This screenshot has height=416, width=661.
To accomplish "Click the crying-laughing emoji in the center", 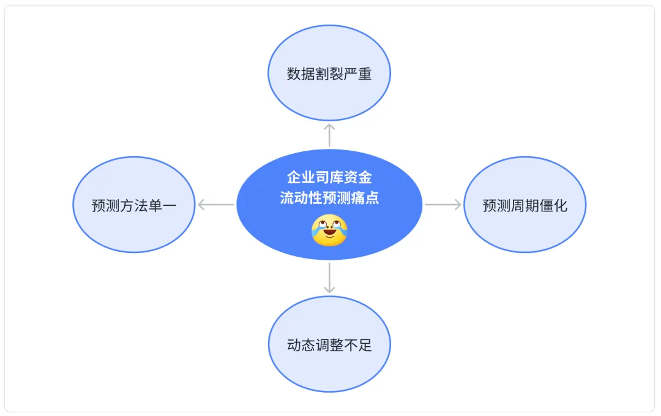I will (x=329, y=230).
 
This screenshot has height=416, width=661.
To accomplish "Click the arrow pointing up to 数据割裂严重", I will (x=329, y=134).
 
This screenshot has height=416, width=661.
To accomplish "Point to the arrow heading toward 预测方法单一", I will (x=216, y=205).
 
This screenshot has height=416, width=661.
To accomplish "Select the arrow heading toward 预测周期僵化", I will (x=443, y=205).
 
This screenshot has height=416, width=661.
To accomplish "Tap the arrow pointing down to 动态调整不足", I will (x=329, y=277).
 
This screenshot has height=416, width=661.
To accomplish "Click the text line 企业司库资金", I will (x=329, y=178).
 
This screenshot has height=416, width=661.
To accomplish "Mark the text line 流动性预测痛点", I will (x=329, y=198).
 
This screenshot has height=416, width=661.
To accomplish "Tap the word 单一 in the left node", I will (x=162, y=205).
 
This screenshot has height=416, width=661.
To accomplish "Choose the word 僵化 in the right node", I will (x=553, y=205).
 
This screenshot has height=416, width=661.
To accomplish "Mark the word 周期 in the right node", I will (x=525, y=205).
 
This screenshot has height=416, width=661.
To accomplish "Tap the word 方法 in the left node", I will (x=133, y=205).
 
